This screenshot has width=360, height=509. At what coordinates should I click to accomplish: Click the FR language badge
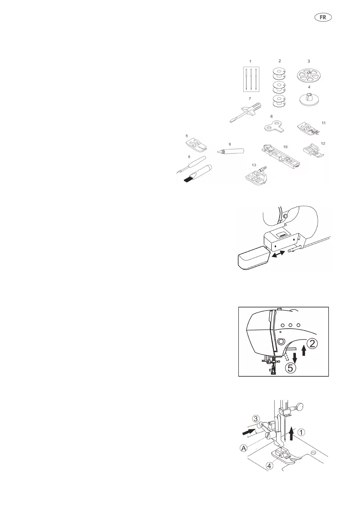coord(323,17)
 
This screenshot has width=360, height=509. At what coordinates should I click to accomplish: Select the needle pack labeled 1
coord(251,79)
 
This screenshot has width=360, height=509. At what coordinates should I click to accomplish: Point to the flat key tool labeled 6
coord(273,127)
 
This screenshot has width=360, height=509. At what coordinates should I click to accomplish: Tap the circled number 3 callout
coord(256,419)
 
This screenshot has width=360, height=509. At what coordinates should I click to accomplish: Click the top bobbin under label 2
coord(279,74)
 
